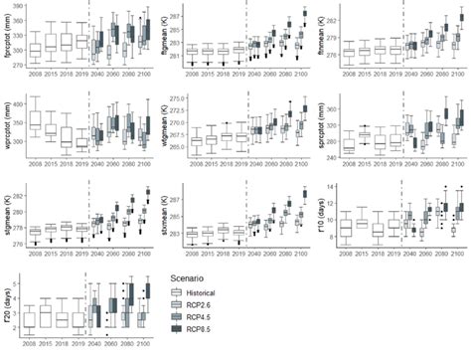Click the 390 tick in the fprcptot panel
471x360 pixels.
pos(21,7)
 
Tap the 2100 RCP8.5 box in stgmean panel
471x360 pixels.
pos(147,192)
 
